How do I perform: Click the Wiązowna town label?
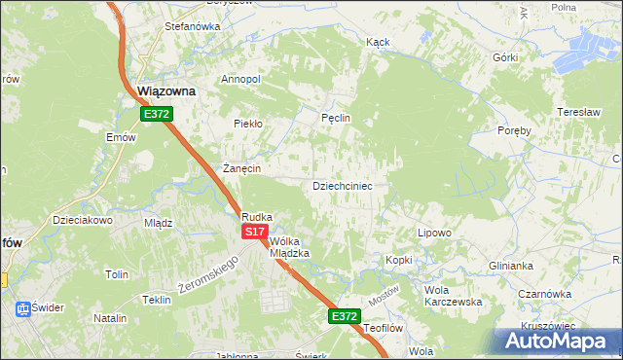coord(165,90)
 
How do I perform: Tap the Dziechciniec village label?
coord(342,185)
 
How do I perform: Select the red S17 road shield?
coord(254,232)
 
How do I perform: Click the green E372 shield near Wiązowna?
coord(156,114)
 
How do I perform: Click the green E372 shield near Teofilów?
coord(344,316)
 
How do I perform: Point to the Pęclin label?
coord(335,118)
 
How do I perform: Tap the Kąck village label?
coord(378,43)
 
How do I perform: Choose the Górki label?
coord(505,57)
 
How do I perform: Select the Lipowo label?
coord(434,234)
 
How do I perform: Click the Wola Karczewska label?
coord(454,296)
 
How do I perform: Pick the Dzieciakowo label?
coord(83,220)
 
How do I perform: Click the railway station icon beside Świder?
coord(21,308)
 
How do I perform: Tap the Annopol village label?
coord(240,79)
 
